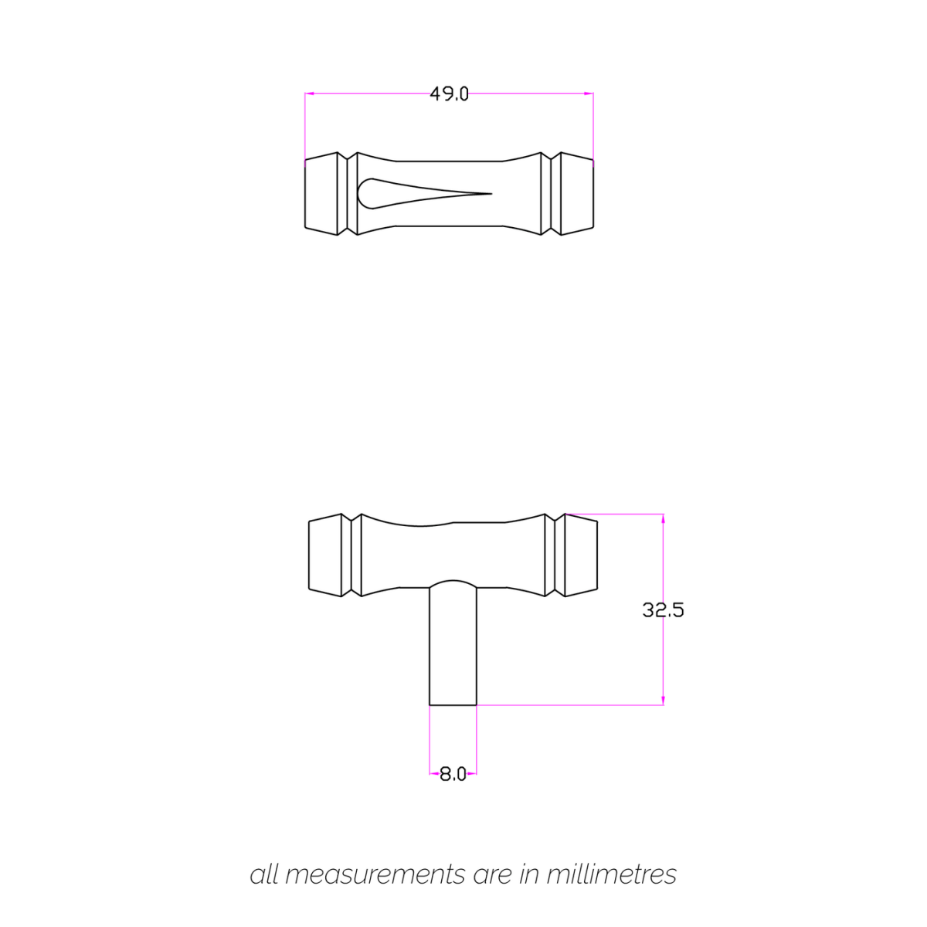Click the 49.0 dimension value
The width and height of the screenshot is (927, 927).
(x=449, y=94)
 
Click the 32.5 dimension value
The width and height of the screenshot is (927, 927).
(x=663, y=610)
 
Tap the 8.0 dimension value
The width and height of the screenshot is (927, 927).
(x=453, y=774)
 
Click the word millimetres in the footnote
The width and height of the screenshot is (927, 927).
(x=611, y=874)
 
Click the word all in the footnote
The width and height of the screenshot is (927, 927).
(x=263, y=874)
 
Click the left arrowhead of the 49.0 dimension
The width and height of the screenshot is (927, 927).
(x=309, y=93)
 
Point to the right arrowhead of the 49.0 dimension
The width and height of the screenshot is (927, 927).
(x=589, y=93)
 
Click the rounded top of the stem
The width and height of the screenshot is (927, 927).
(x=453, y=581)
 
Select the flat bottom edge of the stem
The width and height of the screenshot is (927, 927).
(x=453, y=705)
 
